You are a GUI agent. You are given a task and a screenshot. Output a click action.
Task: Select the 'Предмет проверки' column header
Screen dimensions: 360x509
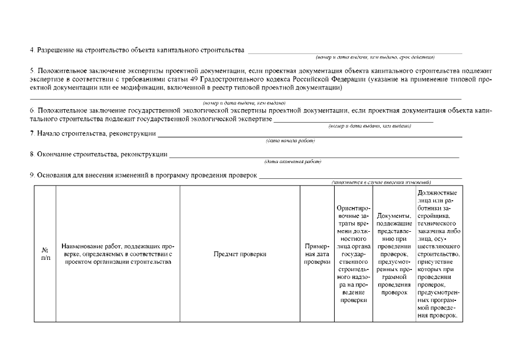pos(240,254)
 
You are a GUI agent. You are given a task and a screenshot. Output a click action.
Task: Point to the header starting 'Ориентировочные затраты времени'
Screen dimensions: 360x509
pos(353,254)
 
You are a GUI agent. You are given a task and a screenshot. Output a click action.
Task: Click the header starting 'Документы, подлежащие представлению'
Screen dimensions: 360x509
pos(394,254)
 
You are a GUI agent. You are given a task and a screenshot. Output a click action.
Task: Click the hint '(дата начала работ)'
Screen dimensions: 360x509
pos(290,141)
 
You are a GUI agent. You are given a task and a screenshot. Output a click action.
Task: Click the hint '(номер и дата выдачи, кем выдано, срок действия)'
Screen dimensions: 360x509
pos(375,57)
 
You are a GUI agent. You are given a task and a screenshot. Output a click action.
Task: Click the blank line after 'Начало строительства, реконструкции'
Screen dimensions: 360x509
pos(309,135)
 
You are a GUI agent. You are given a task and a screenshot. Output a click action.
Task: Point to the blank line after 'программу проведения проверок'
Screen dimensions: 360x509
pos(360,177)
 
